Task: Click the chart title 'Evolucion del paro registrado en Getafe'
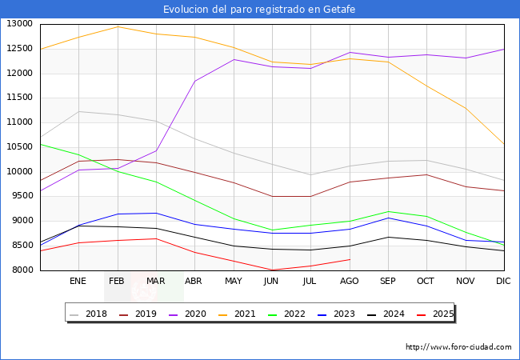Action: pos(259,10)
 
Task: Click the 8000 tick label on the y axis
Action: pos(22,270)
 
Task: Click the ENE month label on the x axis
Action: pos(78,282)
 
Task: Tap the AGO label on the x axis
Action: pos(350,282)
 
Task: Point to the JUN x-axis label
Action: pos(272,282)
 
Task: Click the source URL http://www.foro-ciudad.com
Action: pos(458,347)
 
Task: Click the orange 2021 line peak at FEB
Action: pos(117,26)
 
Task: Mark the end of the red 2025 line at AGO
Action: pos(350,259)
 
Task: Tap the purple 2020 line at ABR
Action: pos(194,81)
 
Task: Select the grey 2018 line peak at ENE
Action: pos(78,111)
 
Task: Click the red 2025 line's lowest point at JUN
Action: pos(272,270)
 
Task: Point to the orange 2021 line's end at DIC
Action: pos(504,145)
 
